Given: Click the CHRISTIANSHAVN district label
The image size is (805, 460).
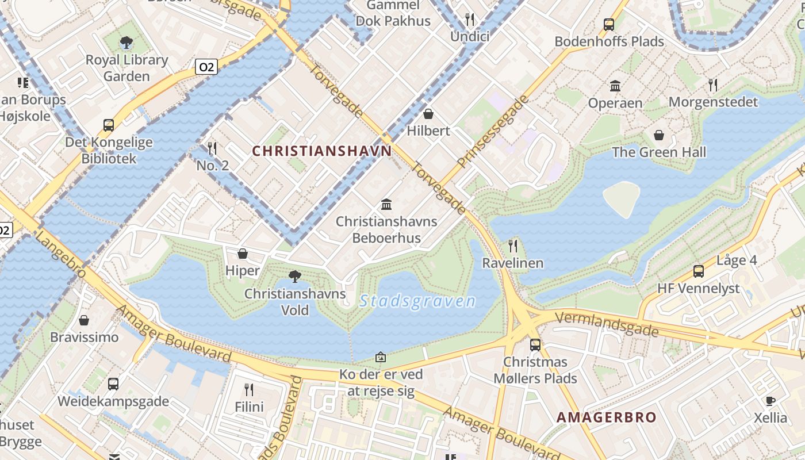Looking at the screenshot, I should [322, 151].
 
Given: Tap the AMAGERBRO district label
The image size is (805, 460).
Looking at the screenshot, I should [607, 417].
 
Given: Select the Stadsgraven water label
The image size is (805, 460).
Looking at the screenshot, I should [417, 301].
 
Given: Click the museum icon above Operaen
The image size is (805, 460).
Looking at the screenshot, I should [615, 86].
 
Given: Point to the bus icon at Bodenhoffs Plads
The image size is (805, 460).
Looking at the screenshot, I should [609, 25].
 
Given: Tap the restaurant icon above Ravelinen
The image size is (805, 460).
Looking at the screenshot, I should [513, 246].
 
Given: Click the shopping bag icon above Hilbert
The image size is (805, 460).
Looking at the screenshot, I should [428, 114].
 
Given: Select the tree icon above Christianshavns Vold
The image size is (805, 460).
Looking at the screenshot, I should [295, 277].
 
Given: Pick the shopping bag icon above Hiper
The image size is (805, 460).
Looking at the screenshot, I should [243, 254].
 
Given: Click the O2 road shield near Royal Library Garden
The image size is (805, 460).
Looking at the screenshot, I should [206, 67].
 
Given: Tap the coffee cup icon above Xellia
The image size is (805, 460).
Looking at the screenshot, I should [770, 401].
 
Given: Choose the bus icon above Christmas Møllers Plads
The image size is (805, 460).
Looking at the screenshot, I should [535, 345].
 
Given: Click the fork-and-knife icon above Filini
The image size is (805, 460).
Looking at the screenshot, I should [249, 390].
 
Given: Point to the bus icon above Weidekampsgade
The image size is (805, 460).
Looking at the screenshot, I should [113, 384].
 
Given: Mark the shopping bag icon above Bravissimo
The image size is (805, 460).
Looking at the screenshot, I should [84, 320].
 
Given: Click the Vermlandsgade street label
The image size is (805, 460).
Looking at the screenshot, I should [607, 323].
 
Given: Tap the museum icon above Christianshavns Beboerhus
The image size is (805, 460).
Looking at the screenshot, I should [386, 204].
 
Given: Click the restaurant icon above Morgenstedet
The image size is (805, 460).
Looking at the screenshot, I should [713, 85].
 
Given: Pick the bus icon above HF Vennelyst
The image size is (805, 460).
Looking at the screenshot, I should [699, 271].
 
